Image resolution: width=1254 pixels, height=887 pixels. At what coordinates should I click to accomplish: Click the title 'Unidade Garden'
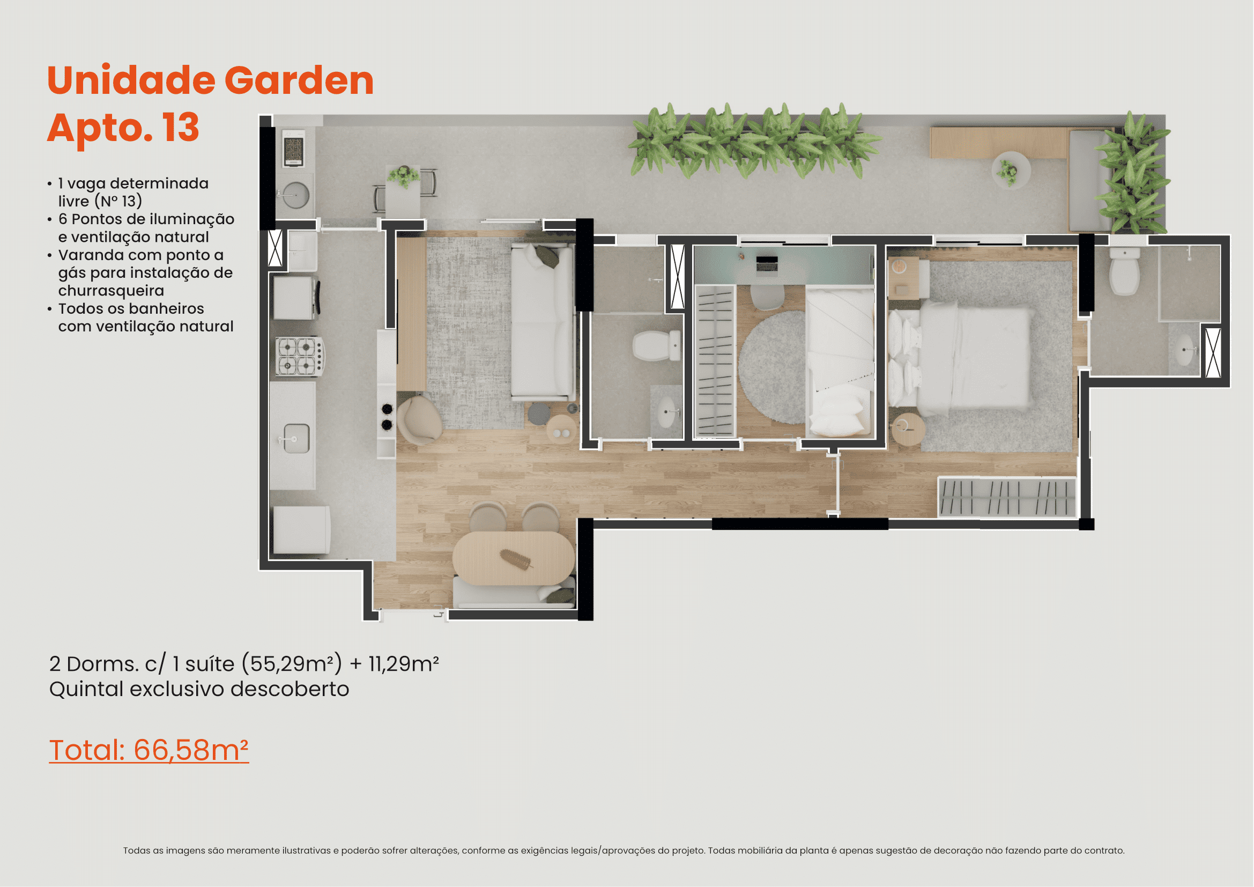210,80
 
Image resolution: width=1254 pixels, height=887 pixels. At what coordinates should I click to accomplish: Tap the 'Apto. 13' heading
123,128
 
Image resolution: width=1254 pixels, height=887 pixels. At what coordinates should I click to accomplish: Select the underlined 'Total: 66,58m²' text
149,749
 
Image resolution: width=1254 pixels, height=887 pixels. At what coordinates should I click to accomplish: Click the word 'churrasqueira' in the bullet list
111,291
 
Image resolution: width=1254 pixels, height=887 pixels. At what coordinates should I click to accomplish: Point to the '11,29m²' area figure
404,663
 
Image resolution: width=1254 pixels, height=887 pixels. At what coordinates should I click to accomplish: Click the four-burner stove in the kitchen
299,356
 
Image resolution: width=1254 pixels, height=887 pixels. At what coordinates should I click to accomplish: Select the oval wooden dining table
514,558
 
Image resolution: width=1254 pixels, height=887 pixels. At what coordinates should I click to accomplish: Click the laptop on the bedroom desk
767,264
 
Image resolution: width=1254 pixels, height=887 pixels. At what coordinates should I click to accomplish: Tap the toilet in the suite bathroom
1125,271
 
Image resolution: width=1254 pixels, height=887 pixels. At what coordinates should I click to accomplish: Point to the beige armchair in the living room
419,419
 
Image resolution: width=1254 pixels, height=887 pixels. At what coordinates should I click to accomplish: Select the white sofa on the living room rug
543,322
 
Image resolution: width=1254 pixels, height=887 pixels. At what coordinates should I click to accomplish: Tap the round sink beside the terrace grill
296,195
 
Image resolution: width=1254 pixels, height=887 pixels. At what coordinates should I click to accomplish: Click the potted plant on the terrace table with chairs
404,176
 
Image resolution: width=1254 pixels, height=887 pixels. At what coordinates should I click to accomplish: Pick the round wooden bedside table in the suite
908,429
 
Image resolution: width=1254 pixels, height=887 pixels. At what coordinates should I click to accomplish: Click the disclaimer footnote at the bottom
624,851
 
